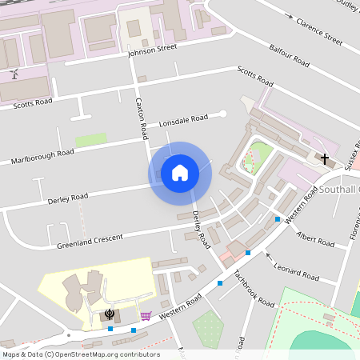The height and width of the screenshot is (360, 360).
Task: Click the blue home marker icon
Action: click(180, 173)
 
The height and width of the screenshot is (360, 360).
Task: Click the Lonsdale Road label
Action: click(183, 122)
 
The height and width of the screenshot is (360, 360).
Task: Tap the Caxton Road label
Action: click(140, 116)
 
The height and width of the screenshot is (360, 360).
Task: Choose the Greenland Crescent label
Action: click(90, 238)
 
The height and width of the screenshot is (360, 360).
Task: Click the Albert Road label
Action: click(314, 240)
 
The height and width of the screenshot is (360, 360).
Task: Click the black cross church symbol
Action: click(325, 158)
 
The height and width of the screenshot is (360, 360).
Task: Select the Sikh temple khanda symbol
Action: click(110, 314)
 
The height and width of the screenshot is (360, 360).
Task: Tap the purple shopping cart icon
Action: click(146, 316)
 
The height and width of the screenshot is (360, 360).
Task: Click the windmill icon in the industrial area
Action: click(14, 74)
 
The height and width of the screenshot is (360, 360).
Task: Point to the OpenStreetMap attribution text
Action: click(80, 354)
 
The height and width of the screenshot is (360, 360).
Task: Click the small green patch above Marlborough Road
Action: click(91, 139)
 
